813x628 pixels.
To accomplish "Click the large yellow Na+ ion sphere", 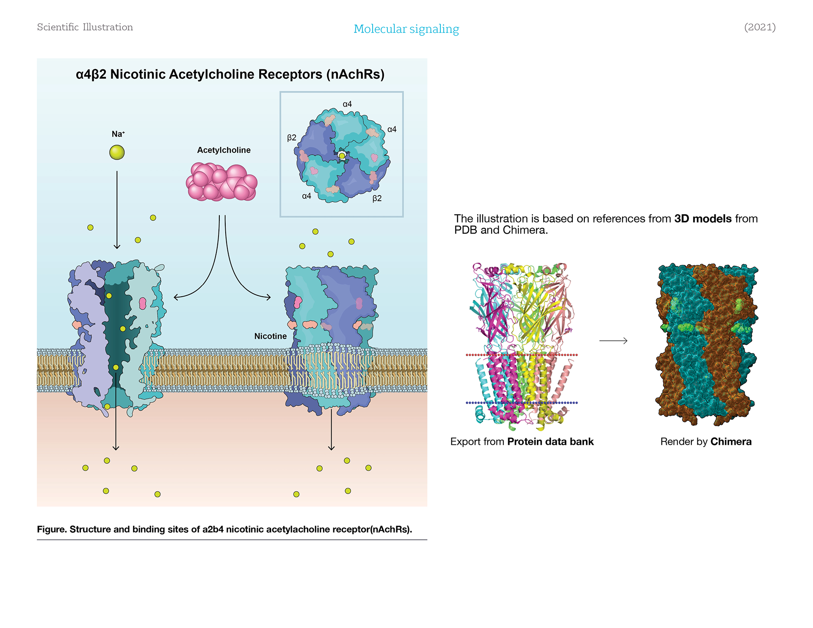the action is pos(117,152).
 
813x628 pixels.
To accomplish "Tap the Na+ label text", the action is pos(118,134).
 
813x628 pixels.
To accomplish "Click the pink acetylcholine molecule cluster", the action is pos(221,182).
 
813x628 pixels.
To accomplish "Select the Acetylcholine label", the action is pos(224,150).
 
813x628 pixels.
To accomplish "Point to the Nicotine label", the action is pos(270,336).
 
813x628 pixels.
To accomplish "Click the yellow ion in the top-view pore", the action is pos(342,156).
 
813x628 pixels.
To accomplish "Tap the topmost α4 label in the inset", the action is pos(347,104).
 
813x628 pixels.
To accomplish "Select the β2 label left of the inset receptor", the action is pos(292,138).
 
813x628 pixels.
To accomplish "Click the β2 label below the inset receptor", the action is pos(377,198).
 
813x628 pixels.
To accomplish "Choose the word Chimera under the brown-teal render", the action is pos(731,442).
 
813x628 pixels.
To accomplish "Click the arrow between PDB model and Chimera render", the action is pos(613,341).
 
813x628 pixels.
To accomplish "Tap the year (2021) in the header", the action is pos(760,27).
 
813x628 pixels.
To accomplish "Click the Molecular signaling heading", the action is pos(406,29).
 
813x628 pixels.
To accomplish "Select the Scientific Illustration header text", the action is pos(85,27).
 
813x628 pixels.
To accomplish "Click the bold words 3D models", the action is pos(703,219).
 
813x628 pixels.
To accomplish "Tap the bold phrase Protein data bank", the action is pos(550,442).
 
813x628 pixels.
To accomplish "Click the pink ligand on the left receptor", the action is pos(143,303).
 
